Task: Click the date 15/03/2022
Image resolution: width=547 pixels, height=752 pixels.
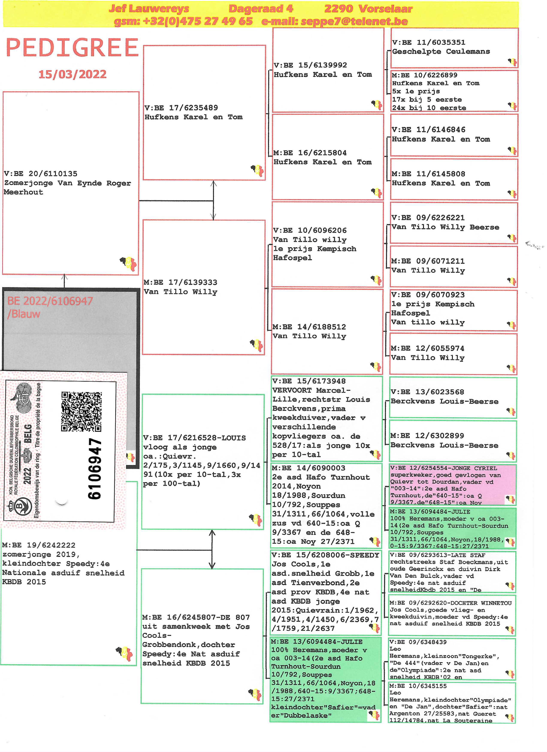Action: point(72,74)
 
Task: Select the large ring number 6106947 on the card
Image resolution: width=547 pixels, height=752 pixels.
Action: point(95,469)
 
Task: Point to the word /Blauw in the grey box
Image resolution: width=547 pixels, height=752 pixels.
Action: point(24,314)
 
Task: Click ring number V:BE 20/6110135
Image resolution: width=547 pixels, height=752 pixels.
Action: point(41,174)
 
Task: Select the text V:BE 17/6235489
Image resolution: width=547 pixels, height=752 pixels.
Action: point(181,108)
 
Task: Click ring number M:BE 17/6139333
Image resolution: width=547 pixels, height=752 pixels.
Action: point(180,282)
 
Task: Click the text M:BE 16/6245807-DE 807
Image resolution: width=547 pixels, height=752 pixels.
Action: point(196,617)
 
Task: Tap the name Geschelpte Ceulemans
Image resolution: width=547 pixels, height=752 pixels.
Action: point(441,51)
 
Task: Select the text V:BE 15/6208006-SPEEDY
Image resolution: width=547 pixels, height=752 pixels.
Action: point(325,555)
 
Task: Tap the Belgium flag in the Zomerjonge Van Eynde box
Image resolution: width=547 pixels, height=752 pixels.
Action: point(129,264)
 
